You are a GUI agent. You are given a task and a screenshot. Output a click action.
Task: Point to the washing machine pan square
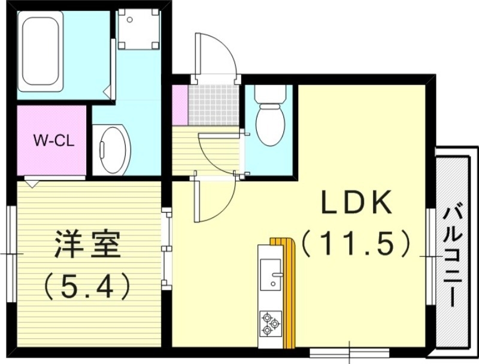[138, 28]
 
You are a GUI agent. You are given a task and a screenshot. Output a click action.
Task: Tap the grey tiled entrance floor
[213, 105]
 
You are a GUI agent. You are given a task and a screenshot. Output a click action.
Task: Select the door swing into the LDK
[216, 201]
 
